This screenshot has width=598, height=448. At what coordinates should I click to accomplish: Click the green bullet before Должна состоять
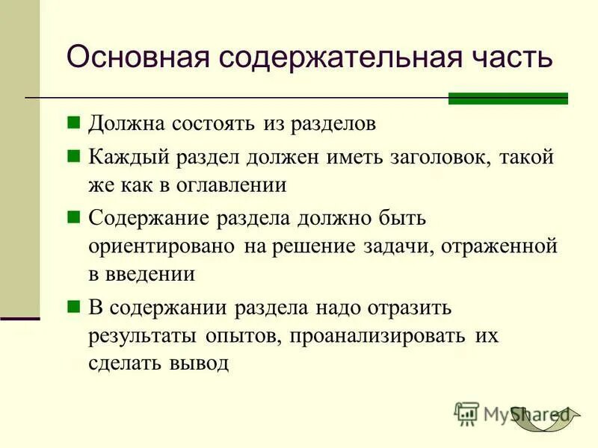(73, 122)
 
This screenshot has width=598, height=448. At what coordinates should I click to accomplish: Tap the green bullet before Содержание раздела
(73, 217)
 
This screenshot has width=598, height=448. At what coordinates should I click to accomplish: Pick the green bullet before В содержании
(73, 305)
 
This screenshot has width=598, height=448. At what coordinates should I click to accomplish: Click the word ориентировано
(161, 246)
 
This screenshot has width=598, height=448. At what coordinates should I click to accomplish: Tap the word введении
(152, 274)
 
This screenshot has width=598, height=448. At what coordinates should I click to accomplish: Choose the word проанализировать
(376, 335)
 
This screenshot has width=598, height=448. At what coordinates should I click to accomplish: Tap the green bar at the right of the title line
(508, 99)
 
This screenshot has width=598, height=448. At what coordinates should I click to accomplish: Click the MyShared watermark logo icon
(466, 412)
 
